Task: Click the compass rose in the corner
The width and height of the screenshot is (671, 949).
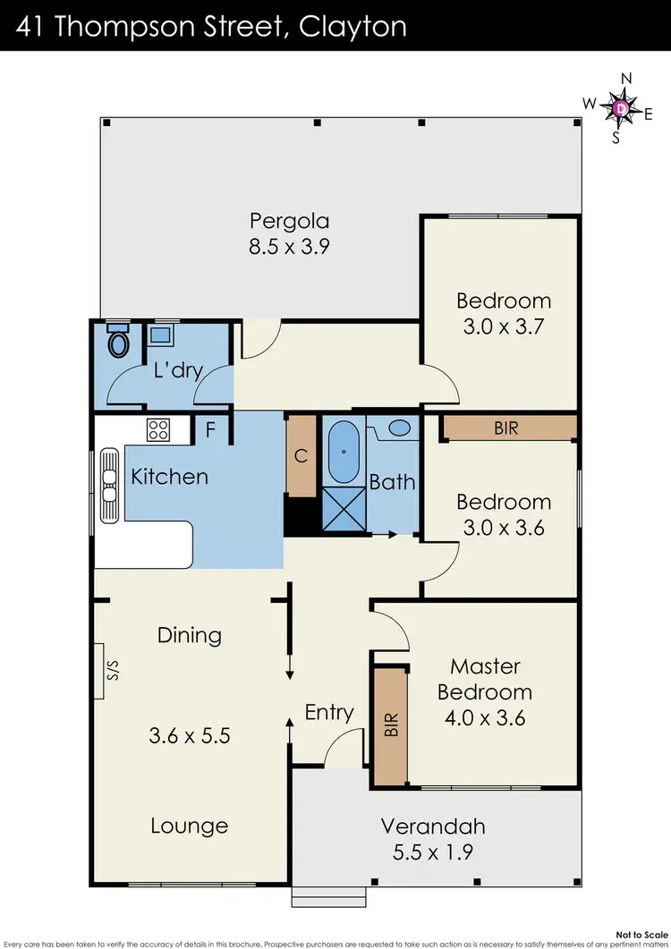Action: (x=621, y=108)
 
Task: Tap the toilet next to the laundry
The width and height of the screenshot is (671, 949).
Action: (x=117, y=341)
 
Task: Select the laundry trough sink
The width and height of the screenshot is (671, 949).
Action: (x=162, y=336)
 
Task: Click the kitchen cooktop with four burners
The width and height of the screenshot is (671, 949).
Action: (x=158, y=429)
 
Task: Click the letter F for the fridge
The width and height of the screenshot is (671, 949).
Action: (x=211, y=430)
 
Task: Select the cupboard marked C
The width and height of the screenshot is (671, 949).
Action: (x=302, y=457)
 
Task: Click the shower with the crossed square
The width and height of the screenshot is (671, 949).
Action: (x=344, y=510)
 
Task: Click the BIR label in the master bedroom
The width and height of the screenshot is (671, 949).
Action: (x=390, y=724)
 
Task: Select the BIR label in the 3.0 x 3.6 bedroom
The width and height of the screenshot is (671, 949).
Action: (x=505, y=428)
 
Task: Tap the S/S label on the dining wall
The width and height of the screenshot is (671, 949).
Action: (x=112, y=671)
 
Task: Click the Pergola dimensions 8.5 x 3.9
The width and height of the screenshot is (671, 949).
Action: (x=289, y=247)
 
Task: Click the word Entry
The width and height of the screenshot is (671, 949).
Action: (x=329, y=712)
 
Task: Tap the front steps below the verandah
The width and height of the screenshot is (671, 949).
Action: (x=328, y=895)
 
